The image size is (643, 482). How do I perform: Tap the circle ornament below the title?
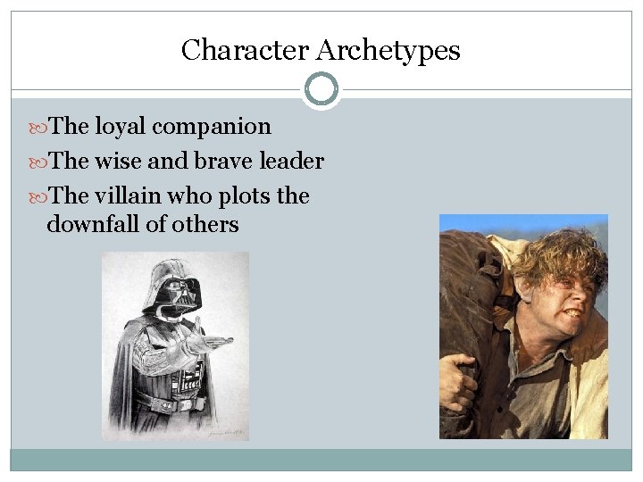click(x=321, y=89)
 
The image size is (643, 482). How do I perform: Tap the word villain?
click(x=129, y=195)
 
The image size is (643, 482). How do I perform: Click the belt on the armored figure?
click(x=169, y=404)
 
